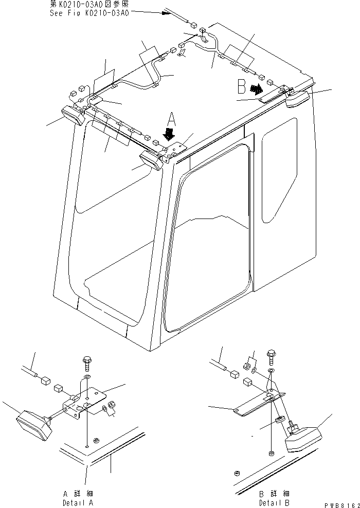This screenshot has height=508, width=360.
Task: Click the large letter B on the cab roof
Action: pos(241,86)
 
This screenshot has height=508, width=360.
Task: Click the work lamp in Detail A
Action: pos(33,425)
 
